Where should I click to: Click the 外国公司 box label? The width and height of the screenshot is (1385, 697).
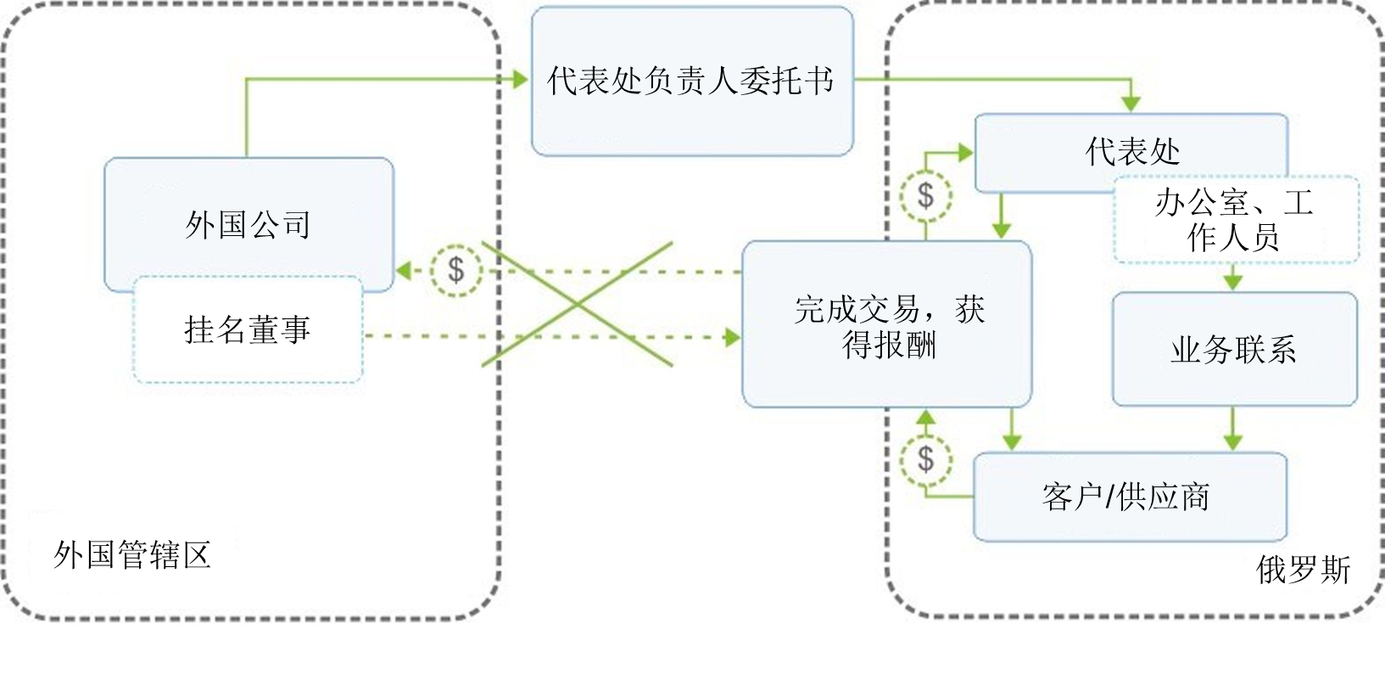[248, 225]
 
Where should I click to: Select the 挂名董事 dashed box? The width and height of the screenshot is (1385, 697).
[248, 329]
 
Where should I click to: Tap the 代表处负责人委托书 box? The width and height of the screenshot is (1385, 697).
[691, 82]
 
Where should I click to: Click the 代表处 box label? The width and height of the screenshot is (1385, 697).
[1132, 152]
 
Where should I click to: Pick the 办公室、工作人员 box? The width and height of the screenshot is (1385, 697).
[1234, 220]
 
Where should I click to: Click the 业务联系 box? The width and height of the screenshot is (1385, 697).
[1234, 350]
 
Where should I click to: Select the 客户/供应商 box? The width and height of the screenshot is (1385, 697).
[1129, 497]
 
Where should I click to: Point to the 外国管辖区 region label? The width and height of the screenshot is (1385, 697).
[132, 555]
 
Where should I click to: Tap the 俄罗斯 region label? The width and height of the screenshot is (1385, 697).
[1302, 570]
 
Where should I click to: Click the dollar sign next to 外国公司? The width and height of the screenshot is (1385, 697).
[456, 271]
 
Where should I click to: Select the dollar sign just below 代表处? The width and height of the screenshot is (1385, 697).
[925, 195]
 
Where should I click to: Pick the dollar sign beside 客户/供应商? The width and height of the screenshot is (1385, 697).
[925, 459]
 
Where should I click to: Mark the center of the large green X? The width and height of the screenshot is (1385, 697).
[577, 304]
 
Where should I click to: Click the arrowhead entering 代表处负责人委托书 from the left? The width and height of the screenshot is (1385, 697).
[521, 79]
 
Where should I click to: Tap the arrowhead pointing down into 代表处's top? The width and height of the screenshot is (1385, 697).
[1131, 104]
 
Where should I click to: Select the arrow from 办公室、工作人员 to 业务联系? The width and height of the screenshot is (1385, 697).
[1233, 278]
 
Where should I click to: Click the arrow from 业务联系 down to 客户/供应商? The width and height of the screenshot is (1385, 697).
[1233, 430]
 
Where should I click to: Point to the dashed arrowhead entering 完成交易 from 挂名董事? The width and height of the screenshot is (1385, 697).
[732, 337]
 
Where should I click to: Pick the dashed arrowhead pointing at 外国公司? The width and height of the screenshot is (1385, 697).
[404, 271]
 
